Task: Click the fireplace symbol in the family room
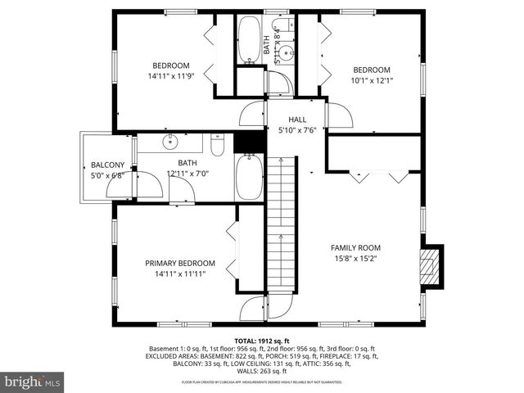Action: pyautogui.click(x=430, y=266)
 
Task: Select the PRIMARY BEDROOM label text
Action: pyautogui.click(x=180, y=263)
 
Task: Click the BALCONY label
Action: pyautogui.click(x=107, y=164)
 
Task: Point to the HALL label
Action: pyautogui.click(x=286, y=120)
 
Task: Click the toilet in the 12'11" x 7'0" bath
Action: pyautogui.click(x=217, y=146)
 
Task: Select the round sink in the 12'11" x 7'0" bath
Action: pyautogui.click(x=170, y=142)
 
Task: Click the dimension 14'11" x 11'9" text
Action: pyautogui.click(x=170, y=76)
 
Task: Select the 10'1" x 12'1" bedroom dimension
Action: pyautogui.click(x=372, y=80)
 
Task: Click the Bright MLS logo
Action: pyautogui.click(x=33, y=381)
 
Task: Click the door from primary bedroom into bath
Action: pyautogui.click(x=182, y=192)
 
